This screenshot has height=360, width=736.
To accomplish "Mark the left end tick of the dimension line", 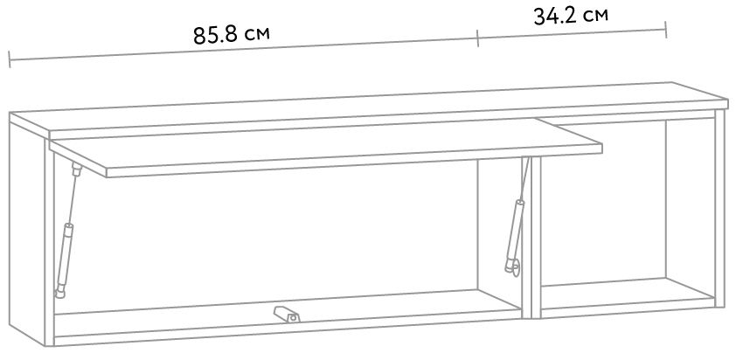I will coord(10,59).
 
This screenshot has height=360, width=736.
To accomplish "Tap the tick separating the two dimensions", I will coord(478,38).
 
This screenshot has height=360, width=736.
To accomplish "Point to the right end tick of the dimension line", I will coord(666,29).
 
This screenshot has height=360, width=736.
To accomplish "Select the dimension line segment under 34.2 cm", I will coord(573,33).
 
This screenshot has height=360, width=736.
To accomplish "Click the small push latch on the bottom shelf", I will coord(285,314).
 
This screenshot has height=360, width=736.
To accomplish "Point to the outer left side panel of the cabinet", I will coord(26,236).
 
